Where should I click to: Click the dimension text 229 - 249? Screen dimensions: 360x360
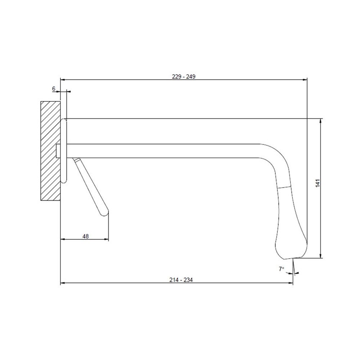tap(183, 77)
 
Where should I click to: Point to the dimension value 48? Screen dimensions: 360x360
tap(86, 237)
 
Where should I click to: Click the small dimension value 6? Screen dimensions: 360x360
tap(54, 88)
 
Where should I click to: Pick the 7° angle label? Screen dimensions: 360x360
tap(281, 269)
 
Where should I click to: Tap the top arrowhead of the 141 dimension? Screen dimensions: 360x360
tap(321, 121)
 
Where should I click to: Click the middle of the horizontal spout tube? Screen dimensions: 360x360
tap(165, 151)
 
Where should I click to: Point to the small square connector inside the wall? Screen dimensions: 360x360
tap(59, 151)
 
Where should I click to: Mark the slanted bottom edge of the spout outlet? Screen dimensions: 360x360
tap(292, 258)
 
